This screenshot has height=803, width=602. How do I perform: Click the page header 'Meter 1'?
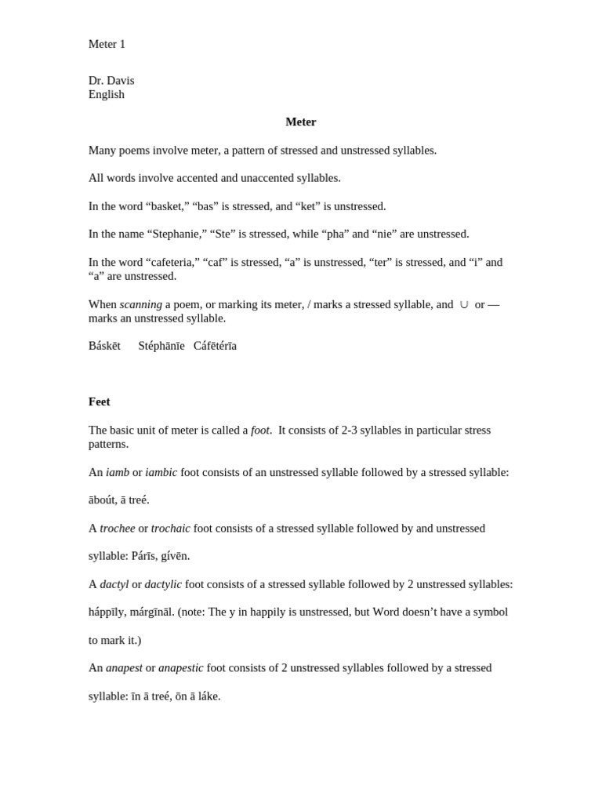tap(107, 45)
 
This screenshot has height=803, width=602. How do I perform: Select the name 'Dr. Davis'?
tap(111, 81)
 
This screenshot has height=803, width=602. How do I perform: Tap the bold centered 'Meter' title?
tap(301, 122)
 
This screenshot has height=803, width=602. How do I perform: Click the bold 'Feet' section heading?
tap(100, 402)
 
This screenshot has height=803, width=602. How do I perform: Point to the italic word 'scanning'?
tap(141, 304)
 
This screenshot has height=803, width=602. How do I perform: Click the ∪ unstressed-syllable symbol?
tap(464, 304)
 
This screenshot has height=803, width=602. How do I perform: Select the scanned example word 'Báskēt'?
tap(104, 346)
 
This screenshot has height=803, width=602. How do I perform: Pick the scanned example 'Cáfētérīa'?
tap(215, 346)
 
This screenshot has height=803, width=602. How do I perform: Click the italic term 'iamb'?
tap(118, 473)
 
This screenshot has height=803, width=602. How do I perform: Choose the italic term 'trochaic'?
tap(171, 529)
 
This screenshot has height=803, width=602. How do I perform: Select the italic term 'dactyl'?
tap(114, 585)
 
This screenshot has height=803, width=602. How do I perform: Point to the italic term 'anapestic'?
tap(181, 668)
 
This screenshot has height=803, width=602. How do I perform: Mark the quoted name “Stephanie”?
tap(177, 234)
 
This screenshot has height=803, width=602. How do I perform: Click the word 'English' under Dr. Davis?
tap(107, 95)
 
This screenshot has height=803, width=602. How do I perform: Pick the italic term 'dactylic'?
tap(163, 585)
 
